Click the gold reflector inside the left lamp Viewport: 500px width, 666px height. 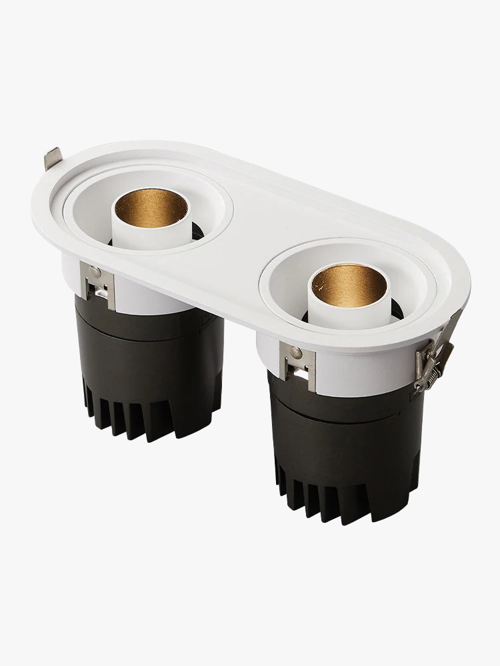pos(149,208)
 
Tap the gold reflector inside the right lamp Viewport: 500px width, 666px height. pos(348,284)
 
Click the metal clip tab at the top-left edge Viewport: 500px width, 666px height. pos(53,159)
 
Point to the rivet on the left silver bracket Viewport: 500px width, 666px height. pos(95,272)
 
